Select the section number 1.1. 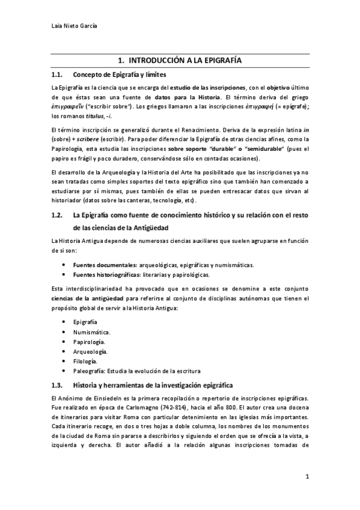coord(58,75)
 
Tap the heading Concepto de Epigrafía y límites coord(120,75)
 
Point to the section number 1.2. coord(58,215)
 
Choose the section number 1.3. coord(58,384)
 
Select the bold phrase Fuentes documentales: coord(101,265)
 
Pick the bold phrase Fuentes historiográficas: coord(103,275)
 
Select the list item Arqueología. coord(91,351)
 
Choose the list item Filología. coord(85,360)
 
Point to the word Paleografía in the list coord(90,370)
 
